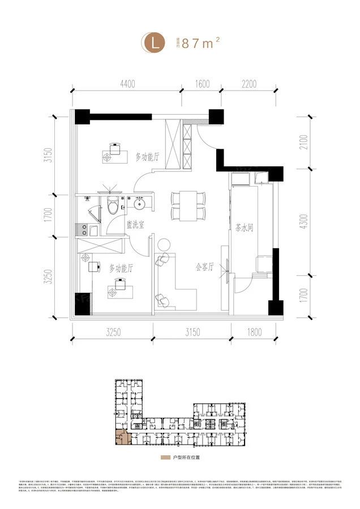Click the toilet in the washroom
coord(113,206)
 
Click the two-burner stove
coord(86,230)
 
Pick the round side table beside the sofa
coord(164,244)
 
